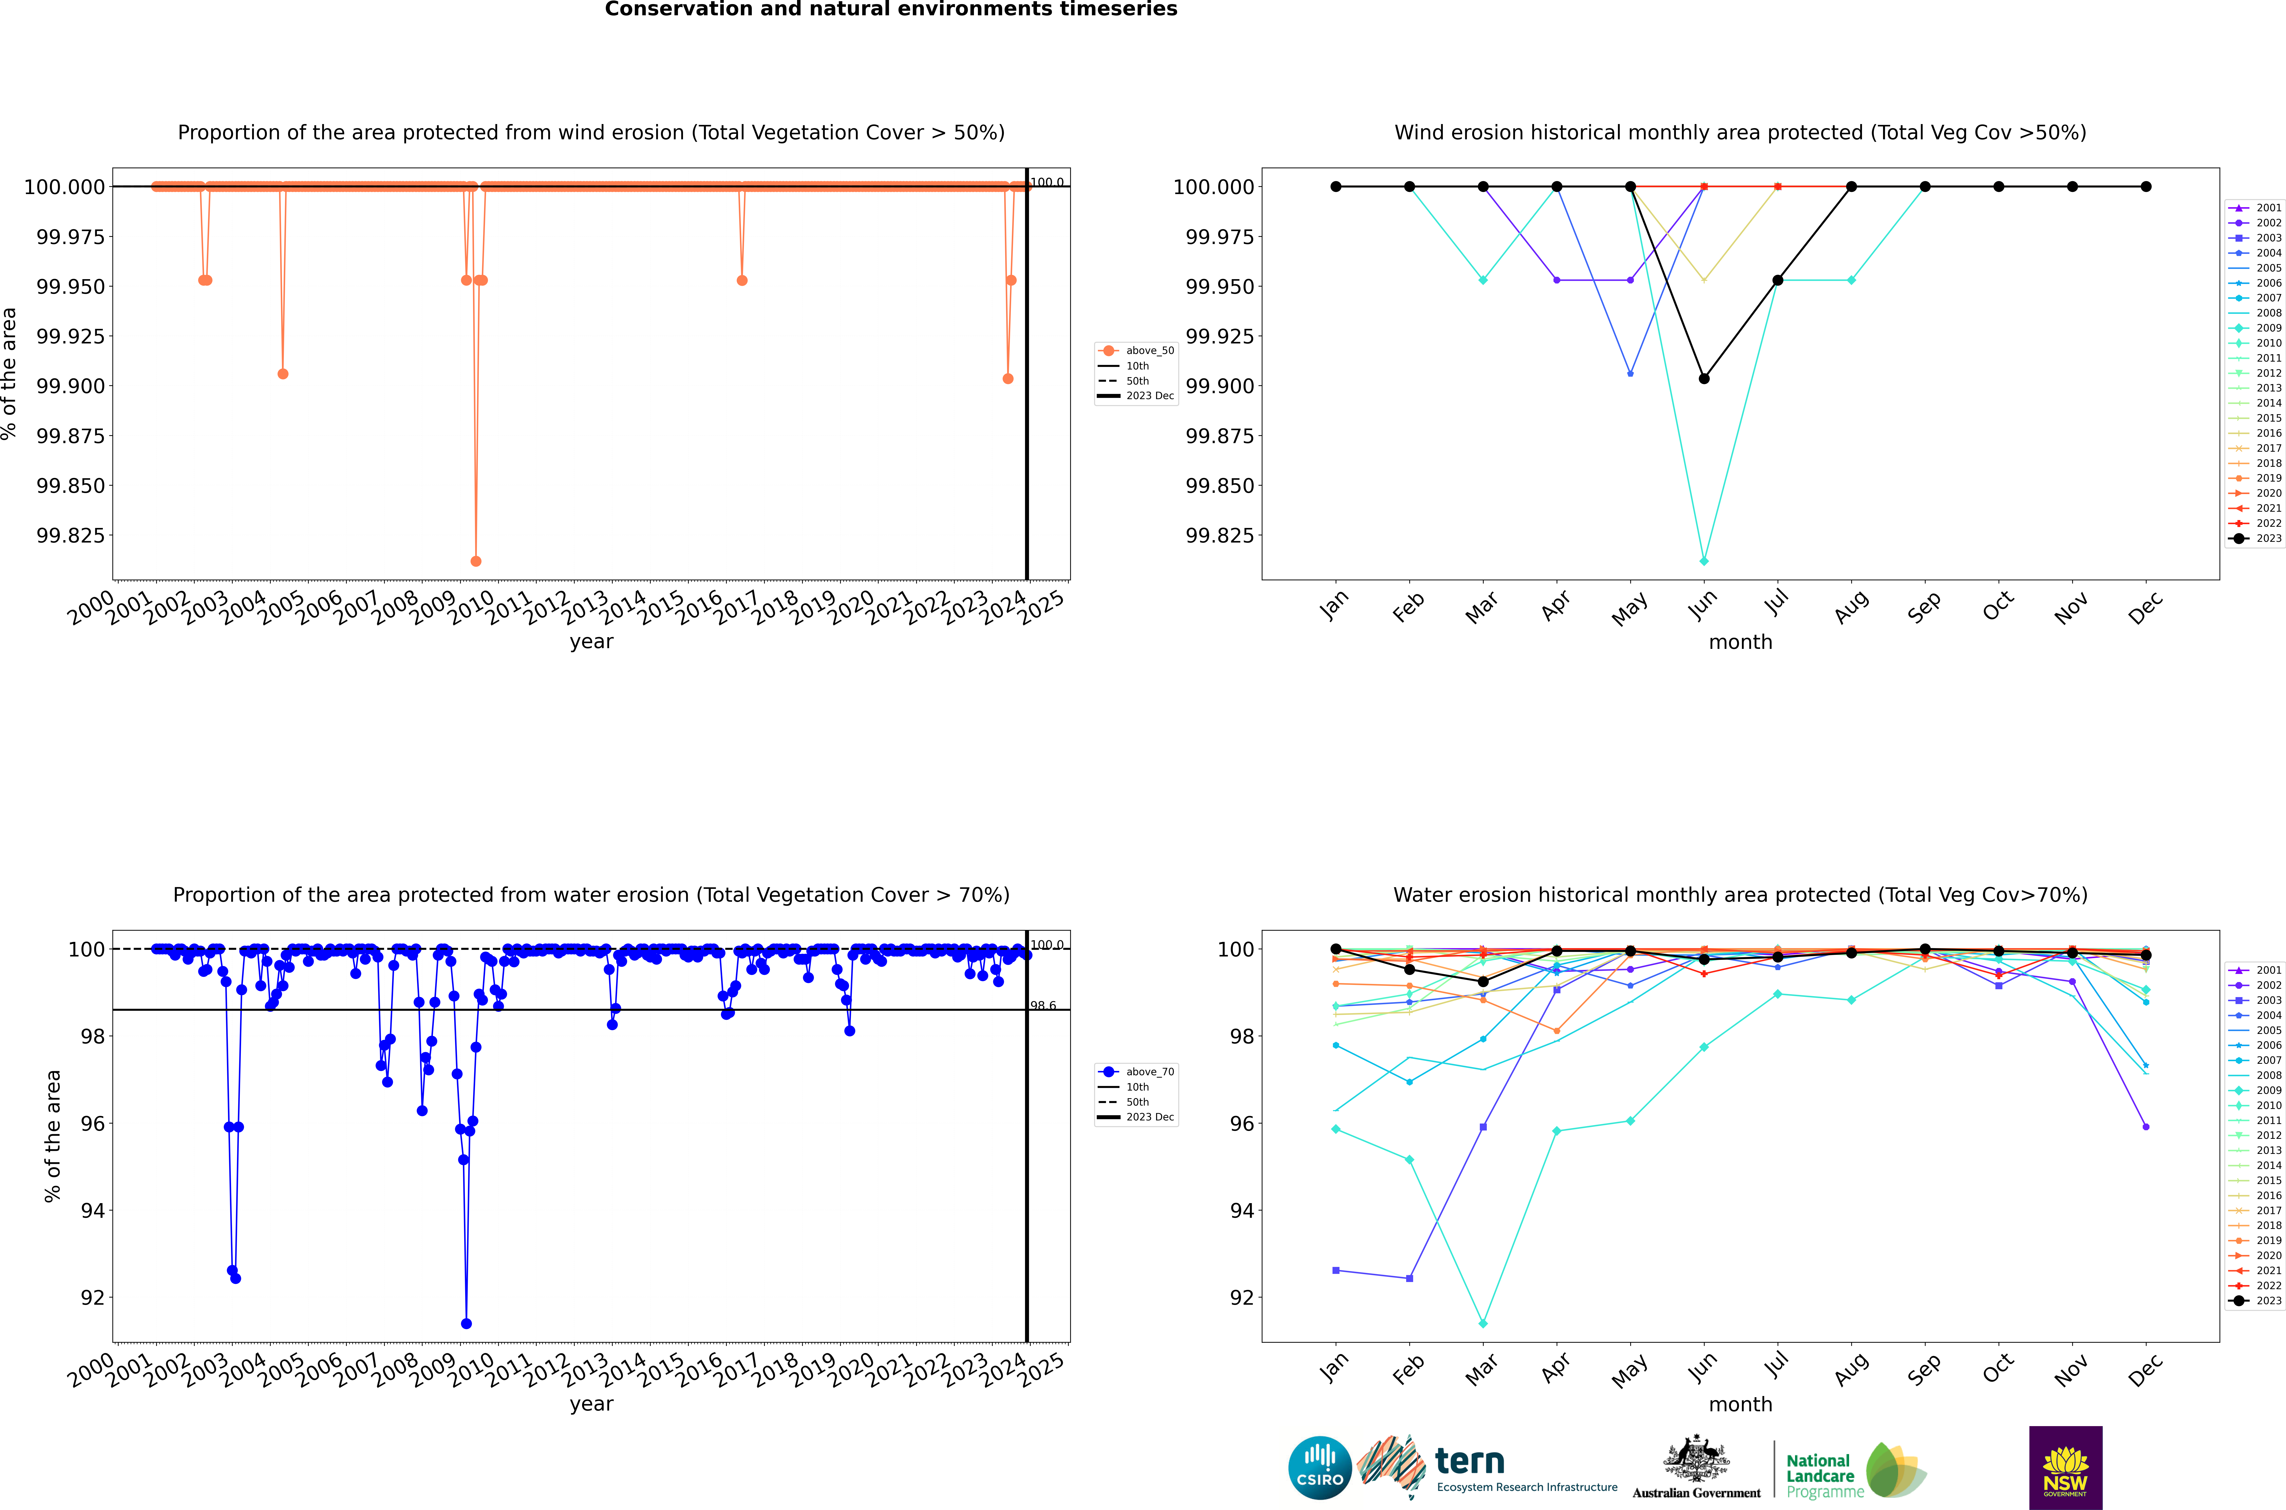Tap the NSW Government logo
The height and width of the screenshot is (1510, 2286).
point(2066,1468)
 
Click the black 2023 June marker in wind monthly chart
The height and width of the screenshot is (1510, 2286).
point(1704,379)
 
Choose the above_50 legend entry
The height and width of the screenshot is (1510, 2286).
point(1137,351)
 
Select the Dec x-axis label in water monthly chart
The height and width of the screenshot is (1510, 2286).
point(2145,1369)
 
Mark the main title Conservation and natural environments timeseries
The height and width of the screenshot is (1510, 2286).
point(891,10)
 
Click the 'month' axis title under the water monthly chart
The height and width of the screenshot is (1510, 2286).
point(1740,1404)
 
